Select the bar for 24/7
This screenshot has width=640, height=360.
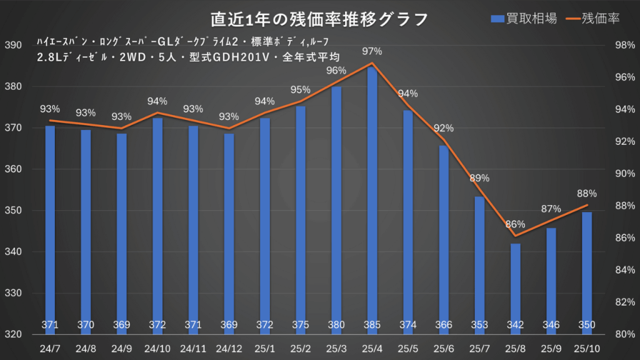tap(50, 225)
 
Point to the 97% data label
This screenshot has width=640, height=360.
tap(372, 49)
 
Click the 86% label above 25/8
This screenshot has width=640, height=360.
tap(515, 224)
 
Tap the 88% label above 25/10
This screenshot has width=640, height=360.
tap(587, 193)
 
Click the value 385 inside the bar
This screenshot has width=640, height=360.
tap(372, 325)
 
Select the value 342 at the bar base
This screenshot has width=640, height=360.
tap(515, 325)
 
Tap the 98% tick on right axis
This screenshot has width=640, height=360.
tap(625, 46)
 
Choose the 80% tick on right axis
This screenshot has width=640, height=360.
tap(625, 334)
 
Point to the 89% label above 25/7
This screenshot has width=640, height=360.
tap(479, 178)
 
